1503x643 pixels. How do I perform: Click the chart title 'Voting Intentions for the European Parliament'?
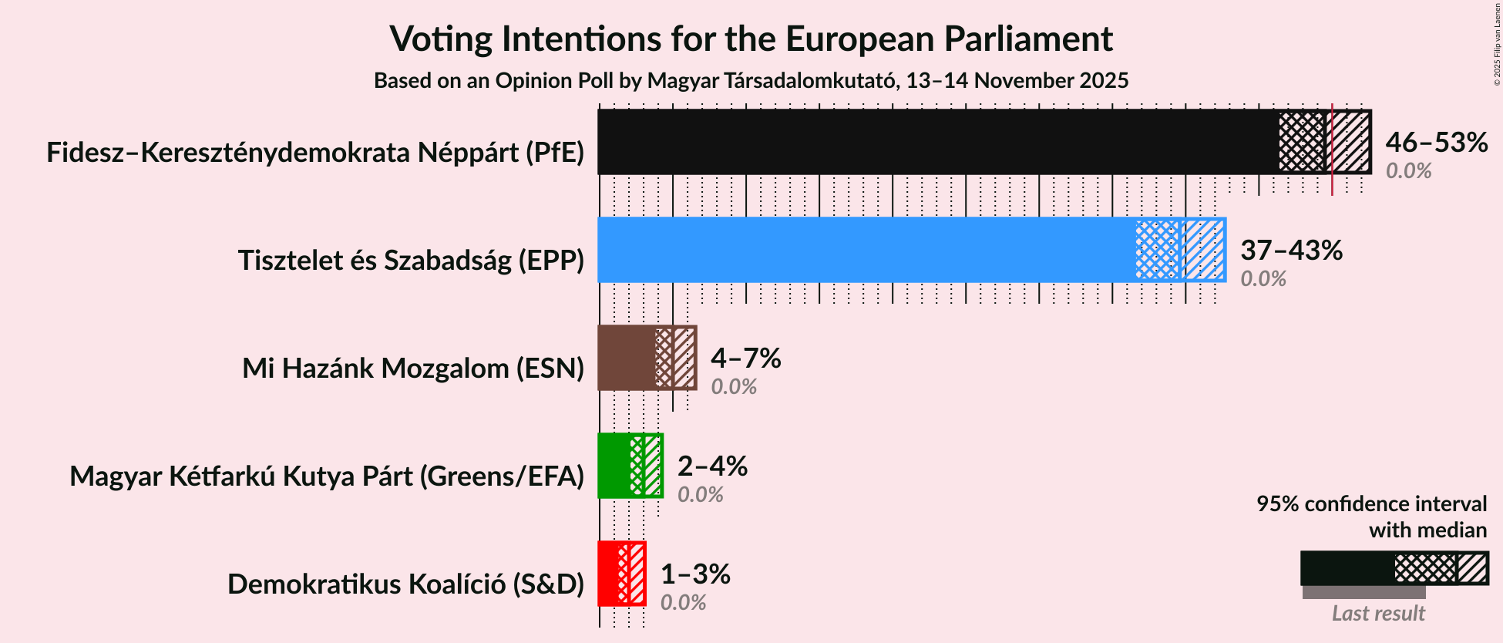click(751, 39)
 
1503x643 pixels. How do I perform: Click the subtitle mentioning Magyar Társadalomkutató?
click(751, 81)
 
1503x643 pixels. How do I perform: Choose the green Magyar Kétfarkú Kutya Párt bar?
click(614, 466)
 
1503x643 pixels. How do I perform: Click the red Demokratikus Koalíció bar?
click(608, 574)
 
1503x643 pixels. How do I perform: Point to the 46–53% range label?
click(1436, 143)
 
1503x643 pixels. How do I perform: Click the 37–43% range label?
click(1291, 251)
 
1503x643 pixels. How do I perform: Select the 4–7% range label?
click(745, 359)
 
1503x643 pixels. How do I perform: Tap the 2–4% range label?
click(712, 466)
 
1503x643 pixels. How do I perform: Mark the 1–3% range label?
click(695, 574)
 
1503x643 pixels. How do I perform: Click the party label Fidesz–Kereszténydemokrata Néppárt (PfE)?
click(315, 153)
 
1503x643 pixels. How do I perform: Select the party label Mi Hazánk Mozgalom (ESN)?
click(413, 369)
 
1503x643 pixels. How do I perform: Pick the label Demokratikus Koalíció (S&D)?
click(405, 584)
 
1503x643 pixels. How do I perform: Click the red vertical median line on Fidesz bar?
click(1332, 185)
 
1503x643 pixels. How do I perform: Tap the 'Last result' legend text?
click(1378, 614)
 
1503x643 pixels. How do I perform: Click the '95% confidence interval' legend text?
click(1371, 504)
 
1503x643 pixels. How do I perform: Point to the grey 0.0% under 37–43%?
click(1263, 279)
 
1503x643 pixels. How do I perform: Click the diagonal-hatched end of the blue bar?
click(1205, 250)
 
